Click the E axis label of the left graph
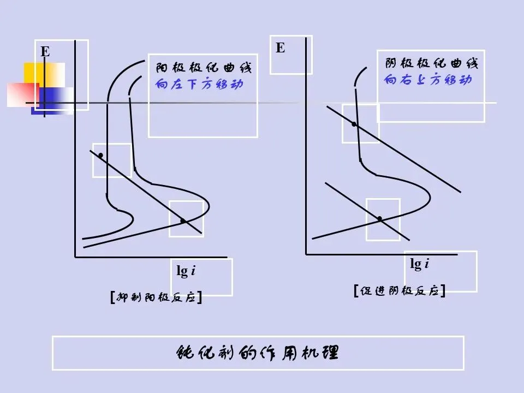pos(45,52)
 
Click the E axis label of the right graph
pos(280,48)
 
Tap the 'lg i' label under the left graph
pos(186,271)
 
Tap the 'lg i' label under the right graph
pos(419,264)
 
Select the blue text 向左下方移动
pos(199,85)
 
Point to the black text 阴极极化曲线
pos(431,64)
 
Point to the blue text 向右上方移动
pos(428,80)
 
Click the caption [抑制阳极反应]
pos(156,298)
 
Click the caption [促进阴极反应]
pos(399,291)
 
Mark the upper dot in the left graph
pos(101,156)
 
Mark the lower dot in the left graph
pos(183,221)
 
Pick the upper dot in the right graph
pos(354,124)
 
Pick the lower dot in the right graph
pos(379,218)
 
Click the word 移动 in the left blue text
pos(232,85)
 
